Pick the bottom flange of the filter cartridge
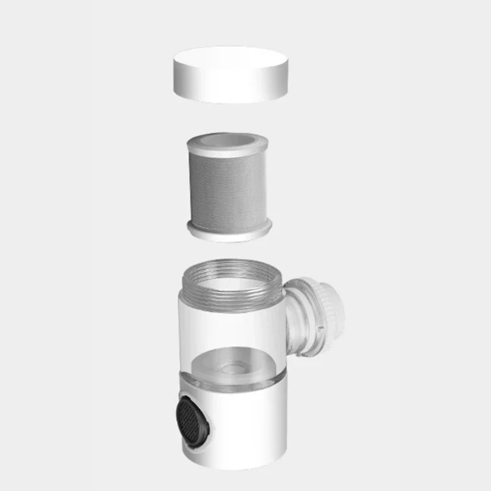(229, 232)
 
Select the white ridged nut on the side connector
(331, 316)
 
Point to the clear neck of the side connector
(299, 319)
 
